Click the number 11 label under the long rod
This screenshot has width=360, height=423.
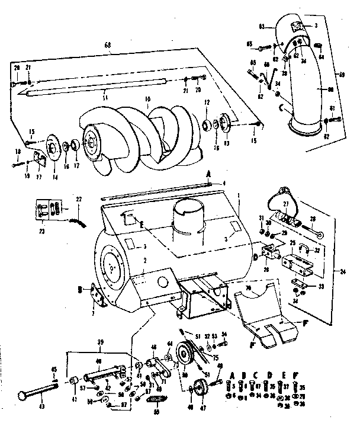click(105, 94)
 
